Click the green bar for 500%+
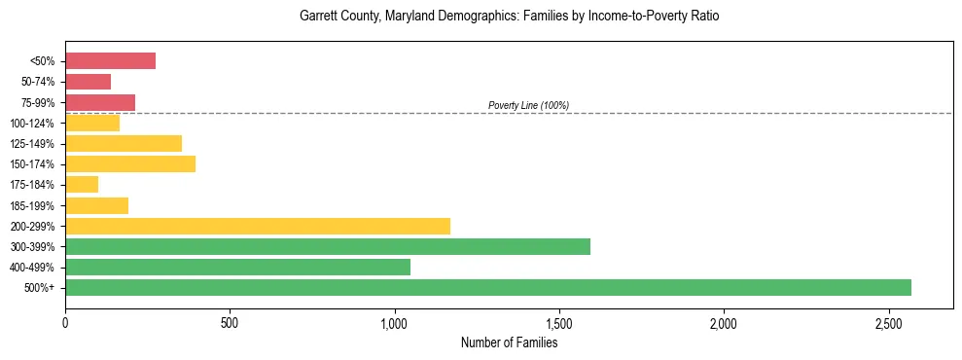(x=487, y=287)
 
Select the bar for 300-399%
(x=327, y=246)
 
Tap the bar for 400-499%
(x=237, y=267)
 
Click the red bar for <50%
(x=110, y=61)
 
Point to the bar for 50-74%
(x=88, y=82)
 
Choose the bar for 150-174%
(x=129, y=163)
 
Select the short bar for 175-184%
(x=82, y=184)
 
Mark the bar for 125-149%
(x=123, y=143)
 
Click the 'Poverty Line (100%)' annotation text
(x=528, y=105)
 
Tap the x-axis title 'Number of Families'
(x=509, y=342)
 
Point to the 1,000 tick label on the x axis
(x=394, y=322)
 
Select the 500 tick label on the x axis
(x=230, y=322)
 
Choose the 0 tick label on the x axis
(x=65, y=322)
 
